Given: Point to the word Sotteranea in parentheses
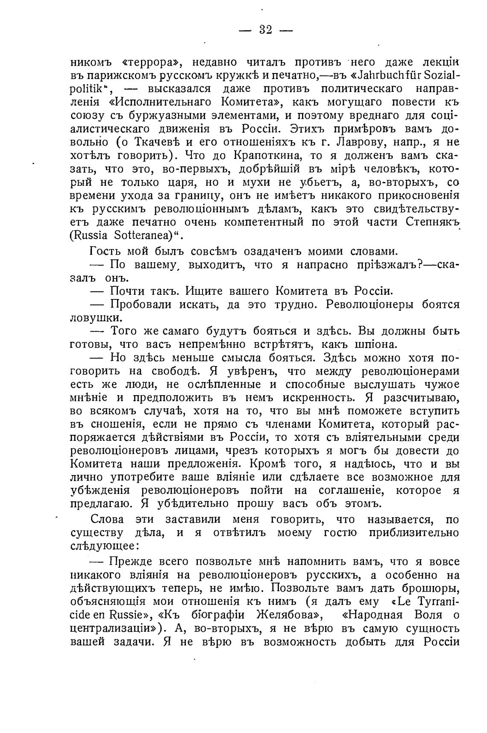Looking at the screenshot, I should pyautogui.click(x=145, y=235).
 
